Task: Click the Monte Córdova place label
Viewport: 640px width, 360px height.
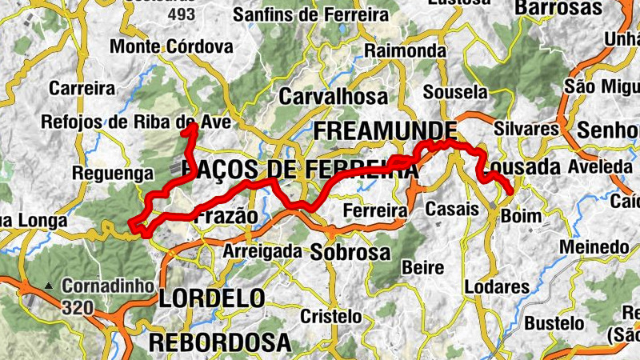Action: click(x=171, y=46)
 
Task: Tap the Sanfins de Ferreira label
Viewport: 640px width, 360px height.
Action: click(x=310, y=14)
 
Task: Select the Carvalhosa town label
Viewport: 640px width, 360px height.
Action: click(x=333, y=97)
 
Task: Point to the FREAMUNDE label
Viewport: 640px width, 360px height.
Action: click(x=386, y=130)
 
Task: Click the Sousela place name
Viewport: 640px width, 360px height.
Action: click(x=455, y=90)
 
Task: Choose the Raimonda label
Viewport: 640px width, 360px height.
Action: click(x=405, y=50)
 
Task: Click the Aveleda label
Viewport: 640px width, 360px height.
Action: click(x=600, y=166)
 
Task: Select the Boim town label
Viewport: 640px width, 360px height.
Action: click(x=521, y=216)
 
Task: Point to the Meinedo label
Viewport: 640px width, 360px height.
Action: click(x=594, y=248)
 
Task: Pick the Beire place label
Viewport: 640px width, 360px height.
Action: click(x=424, y=266)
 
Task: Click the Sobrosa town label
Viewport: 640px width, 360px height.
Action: click(x=350, y=253)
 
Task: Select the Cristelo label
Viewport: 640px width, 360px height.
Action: click(x=330, y=316)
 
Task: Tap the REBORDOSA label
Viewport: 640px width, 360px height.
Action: click(x=219, y=342)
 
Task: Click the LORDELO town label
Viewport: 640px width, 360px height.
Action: click(x=211, y=298)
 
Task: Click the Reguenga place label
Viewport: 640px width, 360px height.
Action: click(x=112, y=173)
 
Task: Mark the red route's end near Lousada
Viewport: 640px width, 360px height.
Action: click(x=510, y=190)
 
